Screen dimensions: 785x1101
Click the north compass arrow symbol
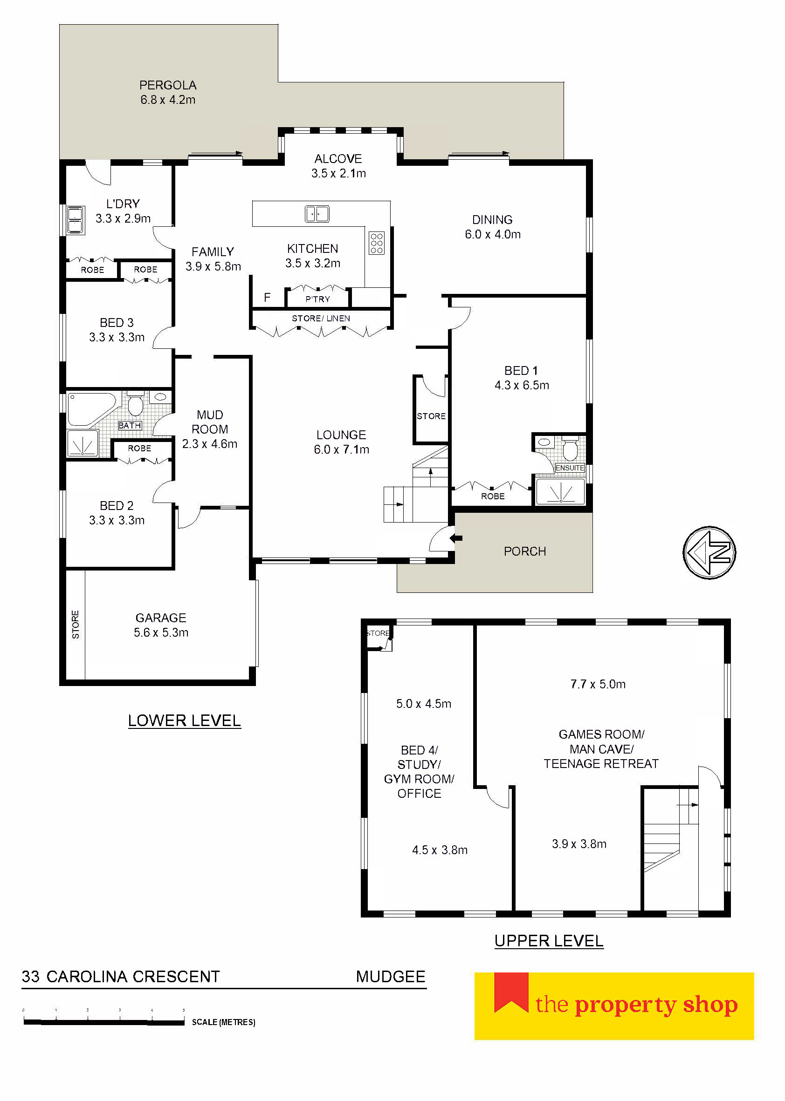pos(709,552)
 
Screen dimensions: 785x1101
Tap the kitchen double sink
pos(317,213)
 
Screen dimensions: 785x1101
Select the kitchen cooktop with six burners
pos(377,243)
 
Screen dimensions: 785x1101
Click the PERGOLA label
pos(168,85)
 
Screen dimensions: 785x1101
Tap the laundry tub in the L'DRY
pos(76,220)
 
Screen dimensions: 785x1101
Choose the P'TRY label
pos(317,299)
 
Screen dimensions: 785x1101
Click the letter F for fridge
pos(267,298)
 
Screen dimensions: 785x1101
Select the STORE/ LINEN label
pos(321,318)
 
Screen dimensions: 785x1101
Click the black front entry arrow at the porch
pos(456,538)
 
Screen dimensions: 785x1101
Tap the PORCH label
pos(525,551)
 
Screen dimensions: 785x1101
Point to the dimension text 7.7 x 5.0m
pos(598,684)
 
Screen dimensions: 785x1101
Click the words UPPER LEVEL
pos(549,941)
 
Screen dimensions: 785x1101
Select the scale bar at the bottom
pos(104,1022)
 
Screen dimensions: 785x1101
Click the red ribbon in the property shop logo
pos(511,993)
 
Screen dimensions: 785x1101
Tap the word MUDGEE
pos(391,977)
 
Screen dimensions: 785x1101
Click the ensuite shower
pos(561,491)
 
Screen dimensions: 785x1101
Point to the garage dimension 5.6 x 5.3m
pos(161,632)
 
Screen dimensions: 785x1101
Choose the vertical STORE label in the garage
pos(76,625)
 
